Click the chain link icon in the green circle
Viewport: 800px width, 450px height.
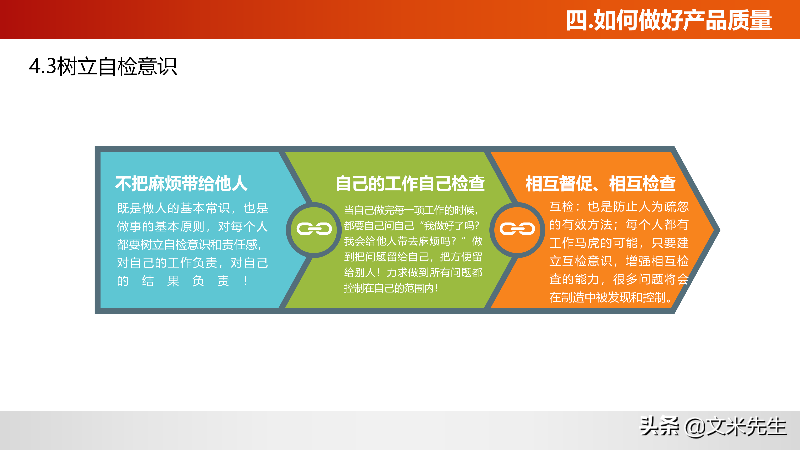tap(314, 229)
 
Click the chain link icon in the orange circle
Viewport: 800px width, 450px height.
tap(517, 229)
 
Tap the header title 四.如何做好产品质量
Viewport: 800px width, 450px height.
tap(668, 20)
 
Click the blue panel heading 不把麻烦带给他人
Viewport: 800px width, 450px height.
tap(181, 184)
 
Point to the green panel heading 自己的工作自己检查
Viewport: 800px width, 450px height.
tap(410, 184)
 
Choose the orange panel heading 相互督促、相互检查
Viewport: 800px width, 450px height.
tap(600, 184)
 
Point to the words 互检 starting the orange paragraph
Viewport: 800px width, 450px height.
tap(561, 206)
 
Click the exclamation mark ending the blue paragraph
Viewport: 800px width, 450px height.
tap(246, 281)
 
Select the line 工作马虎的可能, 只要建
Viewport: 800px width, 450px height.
tap(619, 243)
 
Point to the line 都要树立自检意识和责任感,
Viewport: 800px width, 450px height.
tap(189, 245)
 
